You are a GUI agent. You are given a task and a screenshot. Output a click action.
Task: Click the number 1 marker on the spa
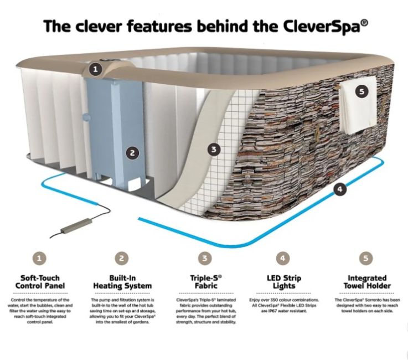[x=96, y=69]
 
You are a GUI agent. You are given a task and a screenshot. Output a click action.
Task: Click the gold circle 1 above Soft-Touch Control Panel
[x=38, y=258]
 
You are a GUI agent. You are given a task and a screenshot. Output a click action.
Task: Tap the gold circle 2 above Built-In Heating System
[x=122, y=258]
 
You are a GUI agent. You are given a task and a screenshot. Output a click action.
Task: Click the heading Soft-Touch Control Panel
[x=43, y=282]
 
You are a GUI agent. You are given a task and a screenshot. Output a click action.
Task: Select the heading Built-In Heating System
[x=122, y=282]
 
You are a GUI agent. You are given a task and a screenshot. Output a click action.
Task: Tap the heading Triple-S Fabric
[x=205, y=282]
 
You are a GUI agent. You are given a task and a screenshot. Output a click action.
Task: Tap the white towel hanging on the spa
[x=358, y=105]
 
